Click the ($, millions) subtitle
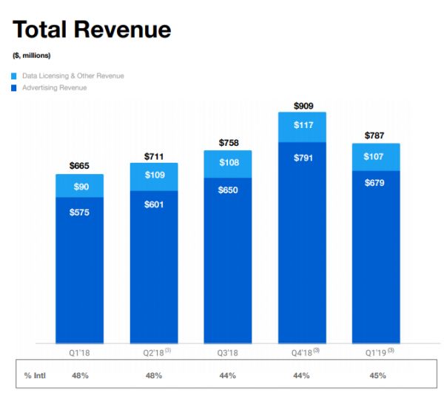click(x=32, y=56)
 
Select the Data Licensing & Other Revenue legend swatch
click(x=15, y=75)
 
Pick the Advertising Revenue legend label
click(x=54, y=87)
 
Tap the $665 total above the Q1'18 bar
click(x=80, y=166)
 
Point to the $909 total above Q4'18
click(x=303, y=105)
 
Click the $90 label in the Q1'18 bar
click(x=80, y=187)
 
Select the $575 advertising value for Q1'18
click(x=80, y=213)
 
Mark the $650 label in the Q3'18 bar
click(x=228, y=191)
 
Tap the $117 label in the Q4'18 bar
click(x=303, y=125)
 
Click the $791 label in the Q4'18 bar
click(x=303, y=157)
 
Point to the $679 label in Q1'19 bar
click(x=377, y=184)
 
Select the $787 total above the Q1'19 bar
click(x=377, y=135)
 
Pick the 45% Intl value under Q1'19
click(x=377, y=375)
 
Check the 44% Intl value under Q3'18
click(x=228, y=375)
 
